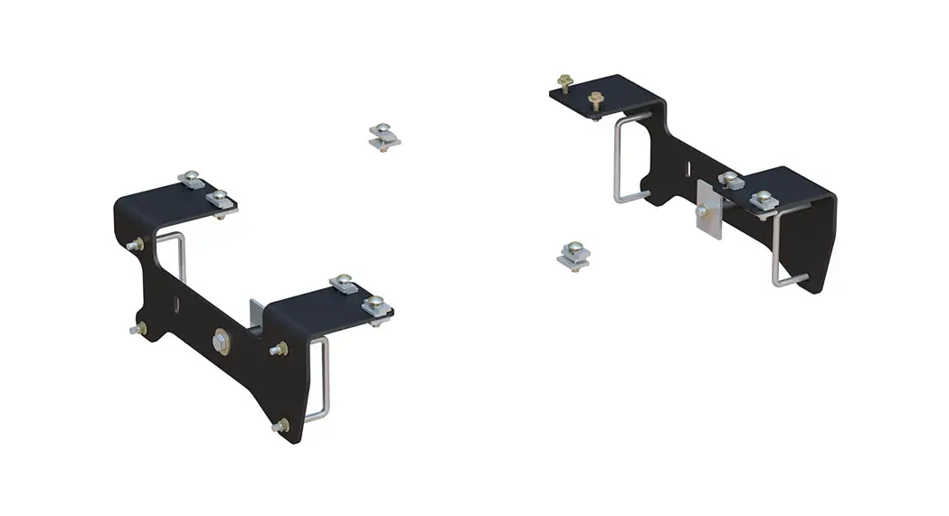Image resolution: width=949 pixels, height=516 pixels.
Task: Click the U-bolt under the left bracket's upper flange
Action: tap(172, 267)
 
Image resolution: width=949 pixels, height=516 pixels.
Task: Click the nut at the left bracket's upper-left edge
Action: tap(136, 243)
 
